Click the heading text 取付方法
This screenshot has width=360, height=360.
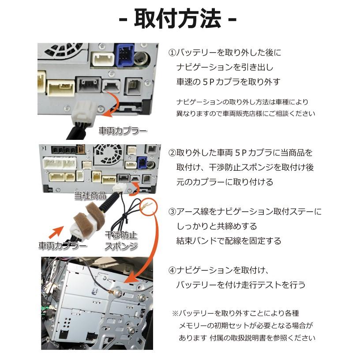pos(178,19)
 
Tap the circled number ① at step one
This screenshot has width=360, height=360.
pos(172,52)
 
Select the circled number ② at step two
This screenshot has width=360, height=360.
pos(172,153)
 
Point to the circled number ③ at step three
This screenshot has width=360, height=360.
pos(172,212)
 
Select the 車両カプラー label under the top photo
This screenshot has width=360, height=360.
pos(122,131)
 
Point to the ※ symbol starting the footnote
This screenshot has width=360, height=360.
pos(175,313)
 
